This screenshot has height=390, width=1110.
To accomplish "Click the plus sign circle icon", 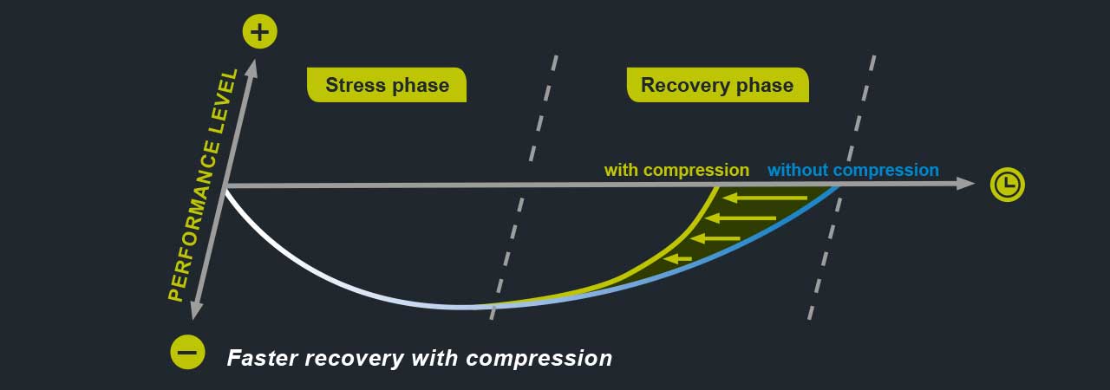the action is [x=259, y=32].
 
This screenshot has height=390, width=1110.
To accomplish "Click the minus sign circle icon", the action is [x=187, y=353].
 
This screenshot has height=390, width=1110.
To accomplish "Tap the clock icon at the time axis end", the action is [x=1007, y=185].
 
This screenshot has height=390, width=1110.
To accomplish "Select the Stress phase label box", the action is [x=387, y=85].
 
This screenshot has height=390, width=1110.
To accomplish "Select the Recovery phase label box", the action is [x=717, y=85].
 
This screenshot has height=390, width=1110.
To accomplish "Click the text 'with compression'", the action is [x=676, y=170].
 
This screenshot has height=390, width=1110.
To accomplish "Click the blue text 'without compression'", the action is [x=852, y=170].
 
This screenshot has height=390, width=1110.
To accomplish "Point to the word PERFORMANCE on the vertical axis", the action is [x=193, y=221].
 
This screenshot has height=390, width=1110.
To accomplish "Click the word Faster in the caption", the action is [x=262, y=358].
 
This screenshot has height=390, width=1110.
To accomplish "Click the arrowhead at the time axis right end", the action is [x=965, y=183].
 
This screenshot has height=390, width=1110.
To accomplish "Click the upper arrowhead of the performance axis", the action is [x=252, y=68].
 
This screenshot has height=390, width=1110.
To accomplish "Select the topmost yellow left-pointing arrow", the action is [x=765, y=198].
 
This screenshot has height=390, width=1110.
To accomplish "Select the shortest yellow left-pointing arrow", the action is [x=677, y=258].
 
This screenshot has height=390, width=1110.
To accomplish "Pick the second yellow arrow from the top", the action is [x=741, y=218].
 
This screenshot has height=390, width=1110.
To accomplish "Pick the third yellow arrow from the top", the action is [x=715, y=238].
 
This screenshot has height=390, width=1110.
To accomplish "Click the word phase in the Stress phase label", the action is [x=421, y=86].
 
